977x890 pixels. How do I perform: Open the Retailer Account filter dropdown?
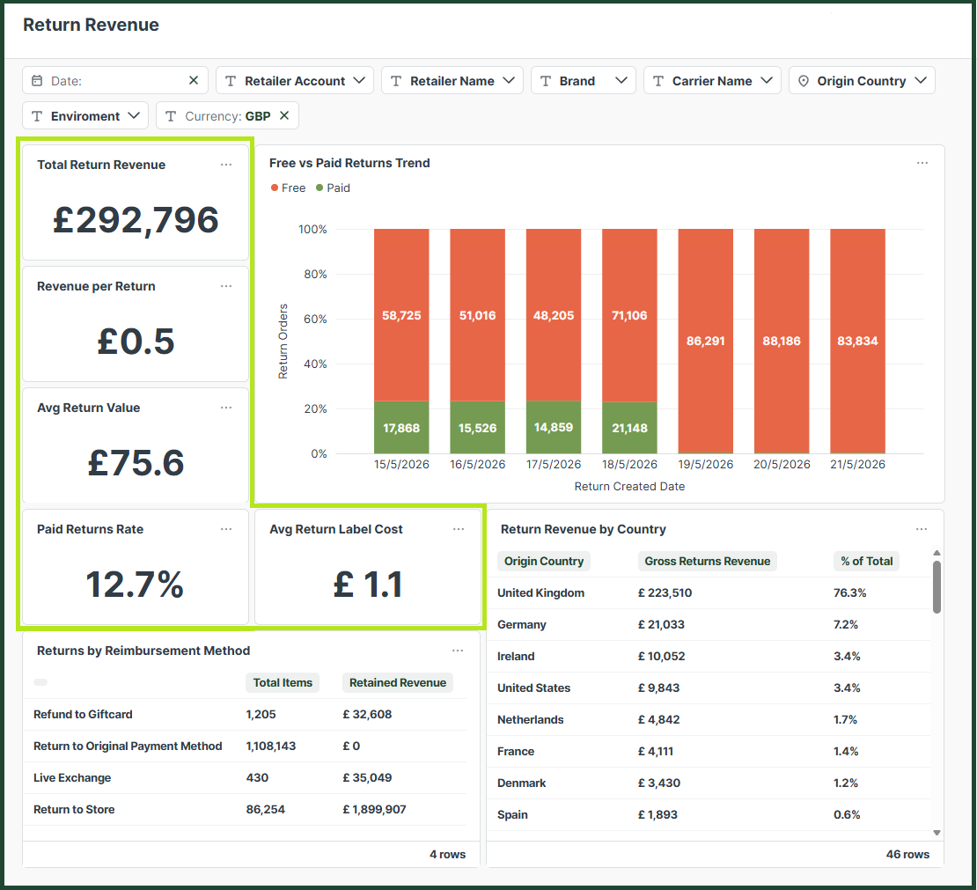[x=295, y=80]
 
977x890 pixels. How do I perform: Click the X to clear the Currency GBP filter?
[x=284, y=115]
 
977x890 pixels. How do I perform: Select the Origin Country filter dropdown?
[x=862, y=80]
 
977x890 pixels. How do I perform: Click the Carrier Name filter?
[x=712, y=80]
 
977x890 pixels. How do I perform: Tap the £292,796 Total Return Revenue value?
[x=136, y=220]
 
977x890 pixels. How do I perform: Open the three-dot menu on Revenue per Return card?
[x=226, y=286]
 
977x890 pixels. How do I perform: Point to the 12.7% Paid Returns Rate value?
[x=135, y=584]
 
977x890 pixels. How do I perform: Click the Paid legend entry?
[x=334, y=188]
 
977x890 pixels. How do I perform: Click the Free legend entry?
[x=289, y=188]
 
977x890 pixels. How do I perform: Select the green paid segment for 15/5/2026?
[x=401, y=428]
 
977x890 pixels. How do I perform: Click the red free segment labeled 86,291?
[x=705, y=341]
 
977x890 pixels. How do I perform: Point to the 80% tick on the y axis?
[x=315, y=275]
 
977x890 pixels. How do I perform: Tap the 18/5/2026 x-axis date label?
[x=629, y=464]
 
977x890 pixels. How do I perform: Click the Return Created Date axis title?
[x=629, y=486]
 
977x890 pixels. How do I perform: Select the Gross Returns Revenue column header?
[x=707, y=561]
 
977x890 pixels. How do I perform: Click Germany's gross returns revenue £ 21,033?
[x=661, y=624]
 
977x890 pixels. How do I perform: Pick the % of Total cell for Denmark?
[x=846, y=783]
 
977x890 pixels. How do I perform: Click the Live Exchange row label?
[x=72, y=778]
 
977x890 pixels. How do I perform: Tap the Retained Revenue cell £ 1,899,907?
[x=374, y=810]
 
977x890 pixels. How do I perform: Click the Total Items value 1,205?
[x=261, y=714]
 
